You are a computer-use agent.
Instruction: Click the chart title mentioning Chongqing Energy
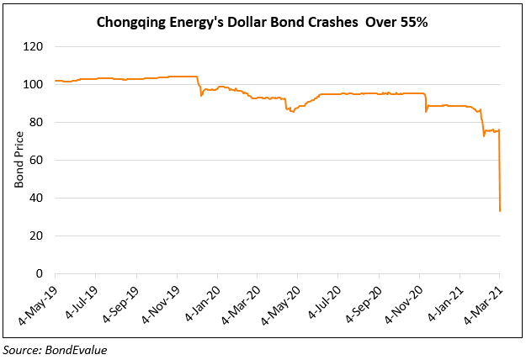pyautogui.click(x=263, y=23)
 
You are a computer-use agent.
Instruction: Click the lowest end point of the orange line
pyautogui.click(x=500, y=211)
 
